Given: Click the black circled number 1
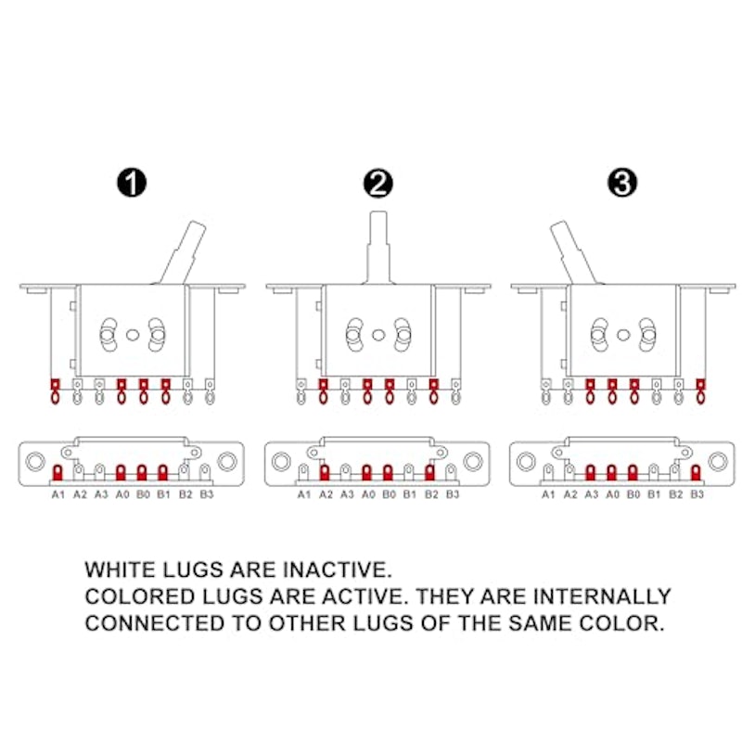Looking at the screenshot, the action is click(132, 183).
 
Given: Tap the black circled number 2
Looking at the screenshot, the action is click(378, 184).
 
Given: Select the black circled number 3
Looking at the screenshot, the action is click(622, 183).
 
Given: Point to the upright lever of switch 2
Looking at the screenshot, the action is click(378, 248).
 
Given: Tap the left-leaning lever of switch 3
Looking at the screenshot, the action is click(574, 253).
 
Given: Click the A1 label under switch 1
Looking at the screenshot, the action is click(58, 494).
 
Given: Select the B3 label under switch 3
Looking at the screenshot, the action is click(697, 494).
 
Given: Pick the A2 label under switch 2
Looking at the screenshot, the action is click(326, 494).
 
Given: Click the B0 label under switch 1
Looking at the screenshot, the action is click(143, 494).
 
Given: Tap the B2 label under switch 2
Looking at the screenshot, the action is click(431, 494).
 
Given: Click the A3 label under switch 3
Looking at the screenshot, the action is click(592, 494).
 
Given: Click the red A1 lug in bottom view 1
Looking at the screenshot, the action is click(58, 472).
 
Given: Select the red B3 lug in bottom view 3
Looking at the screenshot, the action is click(695, 472).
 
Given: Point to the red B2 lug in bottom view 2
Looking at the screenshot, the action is click(429, 472).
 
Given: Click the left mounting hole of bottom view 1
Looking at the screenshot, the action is click(35, 461).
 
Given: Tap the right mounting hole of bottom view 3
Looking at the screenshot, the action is click(718, 461).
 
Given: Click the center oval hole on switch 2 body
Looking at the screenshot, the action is click(378, 335).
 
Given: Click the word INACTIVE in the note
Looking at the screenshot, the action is click(338, 569).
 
